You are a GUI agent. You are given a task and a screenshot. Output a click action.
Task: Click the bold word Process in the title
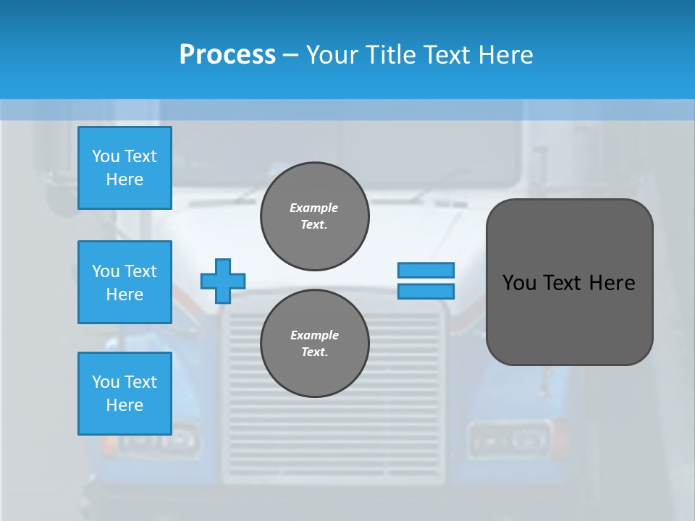click(x=227, y=55)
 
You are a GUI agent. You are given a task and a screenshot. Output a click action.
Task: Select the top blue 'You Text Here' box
click(x=125, y=168)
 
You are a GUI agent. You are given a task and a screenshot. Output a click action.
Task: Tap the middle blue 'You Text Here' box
click(x=125, y=282)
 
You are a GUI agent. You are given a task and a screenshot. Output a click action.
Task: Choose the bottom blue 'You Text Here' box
click(x=125, y=394)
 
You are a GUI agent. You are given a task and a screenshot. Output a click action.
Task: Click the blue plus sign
click(x=223, y=281)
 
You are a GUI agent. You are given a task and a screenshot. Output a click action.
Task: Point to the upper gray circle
click(x=314, y=216)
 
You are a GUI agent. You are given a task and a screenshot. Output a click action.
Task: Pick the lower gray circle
click(x=314, y=344)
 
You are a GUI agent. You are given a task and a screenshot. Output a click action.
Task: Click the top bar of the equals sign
click(x=426, y=270)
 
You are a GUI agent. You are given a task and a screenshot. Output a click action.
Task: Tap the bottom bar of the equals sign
click(x=426, y=291)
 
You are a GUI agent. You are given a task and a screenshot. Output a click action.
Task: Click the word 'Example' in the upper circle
click(x=314, y=208)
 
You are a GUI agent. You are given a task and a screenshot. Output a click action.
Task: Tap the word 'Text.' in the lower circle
click(x=314, y=352)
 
